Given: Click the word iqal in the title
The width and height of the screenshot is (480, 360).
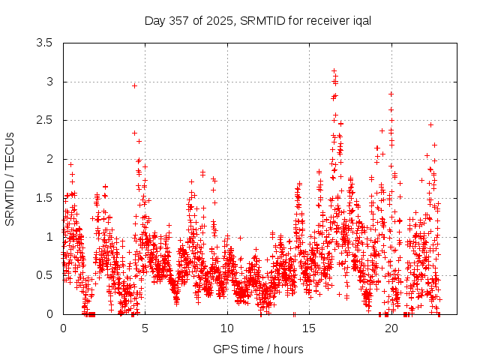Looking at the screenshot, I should click(x=362, y=21).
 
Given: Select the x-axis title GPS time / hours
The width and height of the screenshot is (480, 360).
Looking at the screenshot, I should click(x=258, y=349).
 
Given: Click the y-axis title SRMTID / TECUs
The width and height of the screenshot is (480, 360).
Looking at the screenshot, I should click(x=10, y=178).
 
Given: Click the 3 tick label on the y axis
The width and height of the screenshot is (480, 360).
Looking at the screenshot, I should click(x=50, y=82).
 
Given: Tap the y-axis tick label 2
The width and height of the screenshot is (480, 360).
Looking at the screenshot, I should click(x=50, y=159).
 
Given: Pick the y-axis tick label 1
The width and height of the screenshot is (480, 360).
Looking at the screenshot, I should click(x=50, y=237).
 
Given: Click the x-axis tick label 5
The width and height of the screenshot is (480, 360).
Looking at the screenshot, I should click(x=145, y=328).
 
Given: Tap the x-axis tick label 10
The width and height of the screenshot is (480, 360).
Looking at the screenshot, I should click(x=227, y=328).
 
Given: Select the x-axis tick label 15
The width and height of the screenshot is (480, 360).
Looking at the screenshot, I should click(x=309, y=328).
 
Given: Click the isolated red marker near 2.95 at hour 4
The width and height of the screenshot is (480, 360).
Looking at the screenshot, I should click(x=134, y=85).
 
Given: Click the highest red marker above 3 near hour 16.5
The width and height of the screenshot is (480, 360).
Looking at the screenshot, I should click(x=334, y=71).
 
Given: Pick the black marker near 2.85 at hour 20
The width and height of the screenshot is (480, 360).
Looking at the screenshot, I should click(x=391, y=94).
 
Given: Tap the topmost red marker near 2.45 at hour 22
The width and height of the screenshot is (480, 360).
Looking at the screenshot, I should click(x=430, y=124).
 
